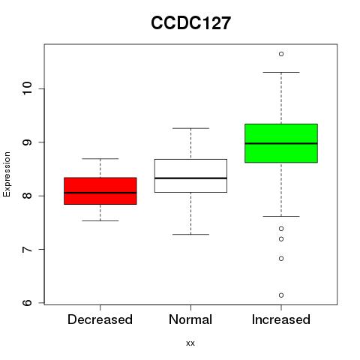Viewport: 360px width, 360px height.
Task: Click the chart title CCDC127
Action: (190, 23)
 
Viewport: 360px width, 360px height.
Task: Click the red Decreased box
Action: (100, 191)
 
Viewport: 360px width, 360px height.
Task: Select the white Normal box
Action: (190, 175)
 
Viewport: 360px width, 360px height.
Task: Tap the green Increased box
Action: (281, 143)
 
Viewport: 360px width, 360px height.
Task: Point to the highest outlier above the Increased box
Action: (281, 54)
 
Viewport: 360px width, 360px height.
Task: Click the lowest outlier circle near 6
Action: (281, 295)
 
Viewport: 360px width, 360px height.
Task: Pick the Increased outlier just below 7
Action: (281, 259)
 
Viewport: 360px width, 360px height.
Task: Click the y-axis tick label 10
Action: (28, 88)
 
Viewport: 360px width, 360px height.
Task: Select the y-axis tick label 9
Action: (28, 142)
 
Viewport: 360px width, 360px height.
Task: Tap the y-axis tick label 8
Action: (28, 196)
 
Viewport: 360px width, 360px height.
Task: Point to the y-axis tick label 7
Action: (28, 249)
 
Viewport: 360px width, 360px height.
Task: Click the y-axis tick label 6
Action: (28, 303)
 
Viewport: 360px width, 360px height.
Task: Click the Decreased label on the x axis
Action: (100, 319)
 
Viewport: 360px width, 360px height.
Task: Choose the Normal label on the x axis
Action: (190, 319)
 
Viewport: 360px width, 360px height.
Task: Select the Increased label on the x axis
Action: (281, 319)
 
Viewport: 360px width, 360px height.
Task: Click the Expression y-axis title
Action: (7, 174)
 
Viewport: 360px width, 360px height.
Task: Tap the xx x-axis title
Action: (190, 343)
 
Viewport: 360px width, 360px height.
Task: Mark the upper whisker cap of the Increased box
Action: (281, 73)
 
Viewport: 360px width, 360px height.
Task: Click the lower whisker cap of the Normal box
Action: (190, 235)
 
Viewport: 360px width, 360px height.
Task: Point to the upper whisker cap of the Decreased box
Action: (100, 159)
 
